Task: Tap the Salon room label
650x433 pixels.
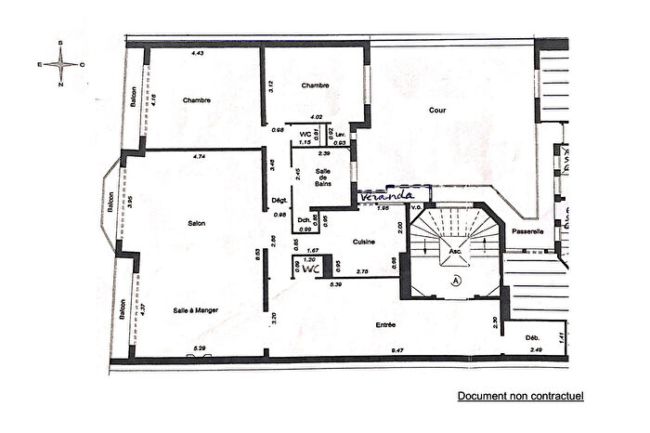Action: (195, 223)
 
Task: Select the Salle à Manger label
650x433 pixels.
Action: (195, 310)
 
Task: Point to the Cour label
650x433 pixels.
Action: (437, 109)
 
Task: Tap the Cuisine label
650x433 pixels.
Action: (363, 242)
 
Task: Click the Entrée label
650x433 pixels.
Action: (387, 325)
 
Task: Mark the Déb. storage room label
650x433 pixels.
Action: (532, 336)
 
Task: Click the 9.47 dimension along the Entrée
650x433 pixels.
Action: (397, 350)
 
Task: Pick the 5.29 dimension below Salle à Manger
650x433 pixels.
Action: (198, 348)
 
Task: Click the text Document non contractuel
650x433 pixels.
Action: (520, 396)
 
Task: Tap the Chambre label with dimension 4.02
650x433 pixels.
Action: (316, 85)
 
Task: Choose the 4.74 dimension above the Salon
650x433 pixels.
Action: (198, 157)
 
